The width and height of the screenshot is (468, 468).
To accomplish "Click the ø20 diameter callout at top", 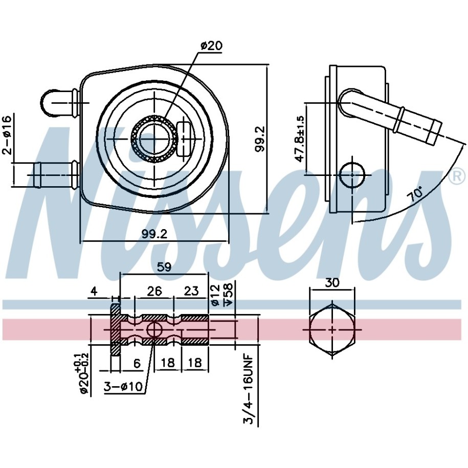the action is (x=212, y=46).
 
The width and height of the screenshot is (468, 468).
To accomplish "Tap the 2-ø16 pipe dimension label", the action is (x=8, y=135).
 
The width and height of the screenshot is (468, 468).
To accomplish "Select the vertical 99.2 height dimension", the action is (x=260, y=139).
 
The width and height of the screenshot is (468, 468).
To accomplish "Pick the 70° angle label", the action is (x=416, y=194).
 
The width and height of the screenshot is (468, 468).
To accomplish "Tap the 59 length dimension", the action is (x=164, y=267).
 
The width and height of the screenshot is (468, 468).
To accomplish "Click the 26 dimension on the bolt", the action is (x=154, y=291).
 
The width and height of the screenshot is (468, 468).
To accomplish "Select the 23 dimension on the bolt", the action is (x=191, y=291).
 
